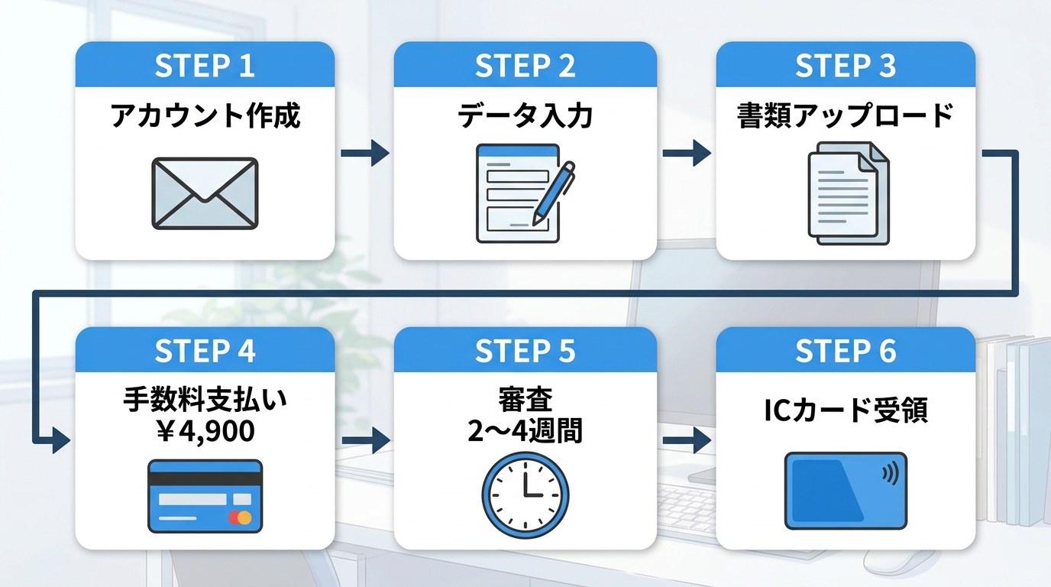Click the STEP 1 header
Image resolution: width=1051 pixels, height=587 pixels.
click(x=205, y=66)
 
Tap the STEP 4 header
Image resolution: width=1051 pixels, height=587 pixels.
click(x=205, y=351)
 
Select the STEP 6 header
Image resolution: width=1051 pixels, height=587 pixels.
click(x=846, y=351)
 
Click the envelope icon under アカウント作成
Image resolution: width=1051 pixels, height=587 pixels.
click(x=205, y=193)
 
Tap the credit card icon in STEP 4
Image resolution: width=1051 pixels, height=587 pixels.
click(x=205, y=495)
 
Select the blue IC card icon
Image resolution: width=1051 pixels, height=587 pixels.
click(x=846, y=491)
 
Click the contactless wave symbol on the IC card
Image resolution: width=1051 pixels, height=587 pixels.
click(x=889, y=474)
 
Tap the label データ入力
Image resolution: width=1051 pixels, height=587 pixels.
click(x=525, y=116)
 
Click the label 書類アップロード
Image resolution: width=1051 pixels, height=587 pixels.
click(x=846, y=116)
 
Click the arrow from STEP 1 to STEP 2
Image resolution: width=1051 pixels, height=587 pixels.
click(x=364, y=153)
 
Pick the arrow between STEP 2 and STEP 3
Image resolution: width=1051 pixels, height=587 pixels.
click(x=686, y=153)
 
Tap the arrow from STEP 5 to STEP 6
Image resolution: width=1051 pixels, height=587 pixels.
click(x=686, y=441)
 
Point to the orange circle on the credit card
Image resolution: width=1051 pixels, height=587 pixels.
click(x=244, y=517)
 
